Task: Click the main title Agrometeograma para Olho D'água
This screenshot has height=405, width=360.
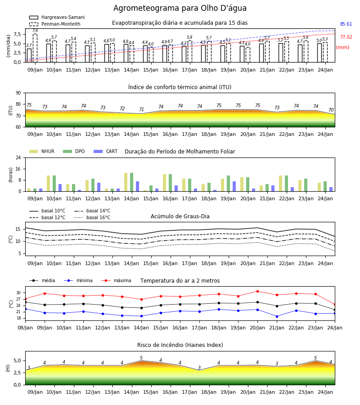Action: click(x=180, y=8)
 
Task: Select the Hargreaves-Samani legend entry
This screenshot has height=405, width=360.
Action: click(x=57, y=17)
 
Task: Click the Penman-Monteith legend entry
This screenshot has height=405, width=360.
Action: click(x=55, y=24)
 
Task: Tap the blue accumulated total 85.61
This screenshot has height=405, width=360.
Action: click(x=346, y=24)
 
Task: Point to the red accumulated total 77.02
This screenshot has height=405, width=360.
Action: click(x=346, y=37)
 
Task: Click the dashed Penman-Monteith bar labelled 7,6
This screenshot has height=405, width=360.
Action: click(x=35, y=48)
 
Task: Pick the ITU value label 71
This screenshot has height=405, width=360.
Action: click(x=141, y=109)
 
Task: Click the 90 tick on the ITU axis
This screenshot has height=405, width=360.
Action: click(x=18, y=93)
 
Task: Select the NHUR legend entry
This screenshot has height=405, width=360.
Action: click(x=42, y=151)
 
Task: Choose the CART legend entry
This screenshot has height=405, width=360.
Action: click(x=106, y=151)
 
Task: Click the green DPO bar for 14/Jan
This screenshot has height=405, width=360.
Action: click(x=132, y=182)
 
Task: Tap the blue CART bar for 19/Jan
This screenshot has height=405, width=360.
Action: click(x=234, y=186)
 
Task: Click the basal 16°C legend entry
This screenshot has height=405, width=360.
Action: click(x=92, y=217)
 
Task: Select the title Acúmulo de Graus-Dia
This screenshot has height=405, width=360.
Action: click(x=180, y=216)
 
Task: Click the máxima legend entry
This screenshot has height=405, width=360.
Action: click(x=116, y=280)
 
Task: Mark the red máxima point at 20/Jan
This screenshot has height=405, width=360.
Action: click(x=257, y=291)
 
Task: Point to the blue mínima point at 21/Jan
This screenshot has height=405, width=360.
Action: click(x=277, y=316)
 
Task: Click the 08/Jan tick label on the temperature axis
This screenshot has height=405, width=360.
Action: click(x=25, y=328)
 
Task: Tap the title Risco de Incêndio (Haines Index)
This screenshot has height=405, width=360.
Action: click(x=180, y=345)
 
